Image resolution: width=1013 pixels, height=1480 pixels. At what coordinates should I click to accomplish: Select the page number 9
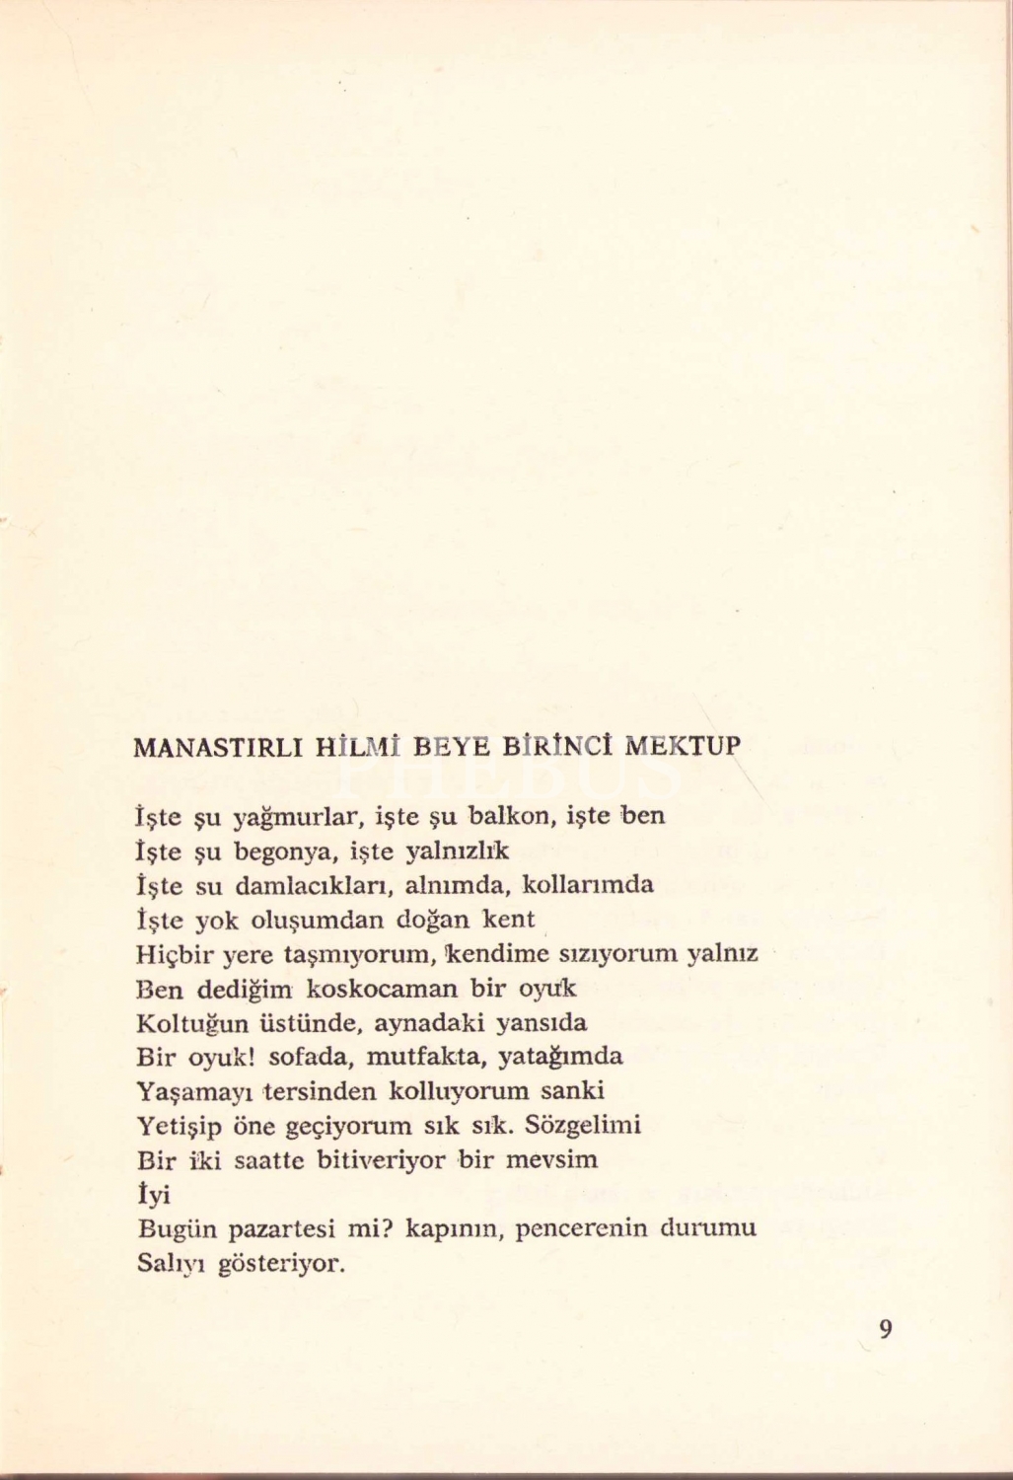(x=885, y=1329)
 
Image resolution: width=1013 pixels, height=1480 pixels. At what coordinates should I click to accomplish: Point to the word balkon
(x=503, y=816)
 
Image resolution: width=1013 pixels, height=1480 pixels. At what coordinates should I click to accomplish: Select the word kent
(x=508, y=920)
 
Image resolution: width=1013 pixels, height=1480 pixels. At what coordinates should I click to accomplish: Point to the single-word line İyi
(x=153, y=1195)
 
